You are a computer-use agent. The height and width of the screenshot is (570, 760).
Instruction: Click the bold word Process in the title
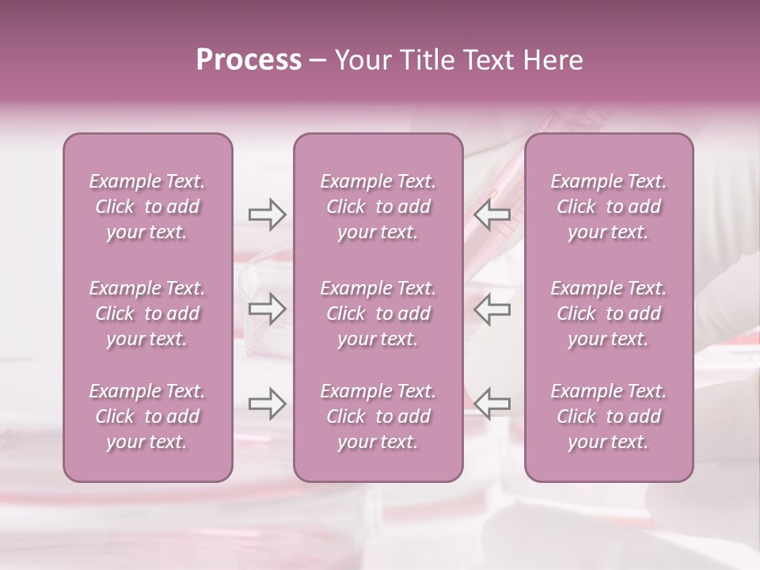click(x=249, y=60)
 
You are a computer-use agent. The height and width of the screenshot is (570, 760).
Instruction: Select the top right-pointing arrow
click(x=267, y=215)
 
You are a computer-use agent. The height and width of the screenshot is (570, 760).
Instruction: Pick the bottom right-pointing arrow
click(x=267, y=404)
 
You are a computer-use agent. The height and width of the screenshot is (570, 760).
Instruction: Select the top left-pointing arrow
click(x=492, y=215)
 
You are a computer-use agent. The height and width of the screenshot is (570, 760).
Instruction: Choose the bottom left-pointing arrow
click(x=492, y=404)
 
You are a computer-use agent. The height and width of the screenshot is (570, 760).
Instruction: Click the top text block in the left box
click(x=147, y=207)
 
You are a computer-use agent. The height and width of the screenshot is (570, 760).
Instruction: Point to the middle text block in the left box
click(x=147, y=313)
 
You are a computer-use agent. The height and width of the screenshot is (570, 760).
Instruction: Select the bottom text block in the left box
click(x=147, y=416)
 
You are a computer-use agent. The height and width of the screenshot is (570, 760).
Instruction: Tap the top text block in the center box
click(x=378, y=207)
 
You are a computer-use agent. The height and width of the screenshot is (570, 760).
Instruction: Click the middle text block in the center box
click(x=378, y=313)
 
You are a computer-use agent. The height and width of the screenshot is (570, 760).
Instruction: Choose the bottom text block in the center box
click(x=378, y=416)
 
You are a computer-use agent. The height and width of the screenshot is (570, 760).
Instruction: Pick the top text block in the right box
click(x=609, y=207)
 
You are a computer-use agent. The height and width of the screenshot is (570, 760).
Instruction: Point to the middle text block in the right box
click(x=609, y=313)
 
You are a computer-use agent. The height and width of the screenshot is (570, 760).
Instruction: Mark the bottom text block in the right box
click(x=609, y=416)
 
